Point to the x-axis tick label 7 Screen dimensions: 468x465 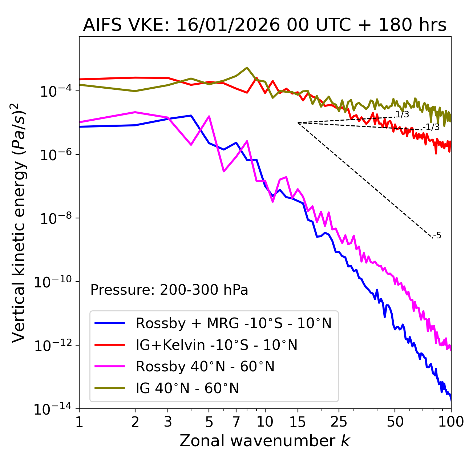coord(236,422)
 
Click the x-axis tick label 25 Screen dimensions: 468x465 coord(339,422)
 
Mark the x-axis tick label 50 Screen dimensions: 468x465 coord(395,422)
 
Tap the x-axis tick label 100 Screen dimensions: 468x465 coord(451,422)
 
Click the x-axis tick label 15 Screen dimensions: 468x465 coord(298,422)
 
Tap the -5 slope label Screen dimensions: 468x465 coord(437,236)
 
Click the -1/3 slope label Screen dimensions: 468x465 coord(432,127)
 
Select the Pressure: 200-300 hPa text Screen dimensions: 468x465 coord(169,290)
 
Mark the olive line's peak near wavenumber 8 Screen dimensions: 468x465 coord(247,68)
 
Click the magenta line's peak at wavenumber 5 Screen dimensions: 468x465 coord(209,116)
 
